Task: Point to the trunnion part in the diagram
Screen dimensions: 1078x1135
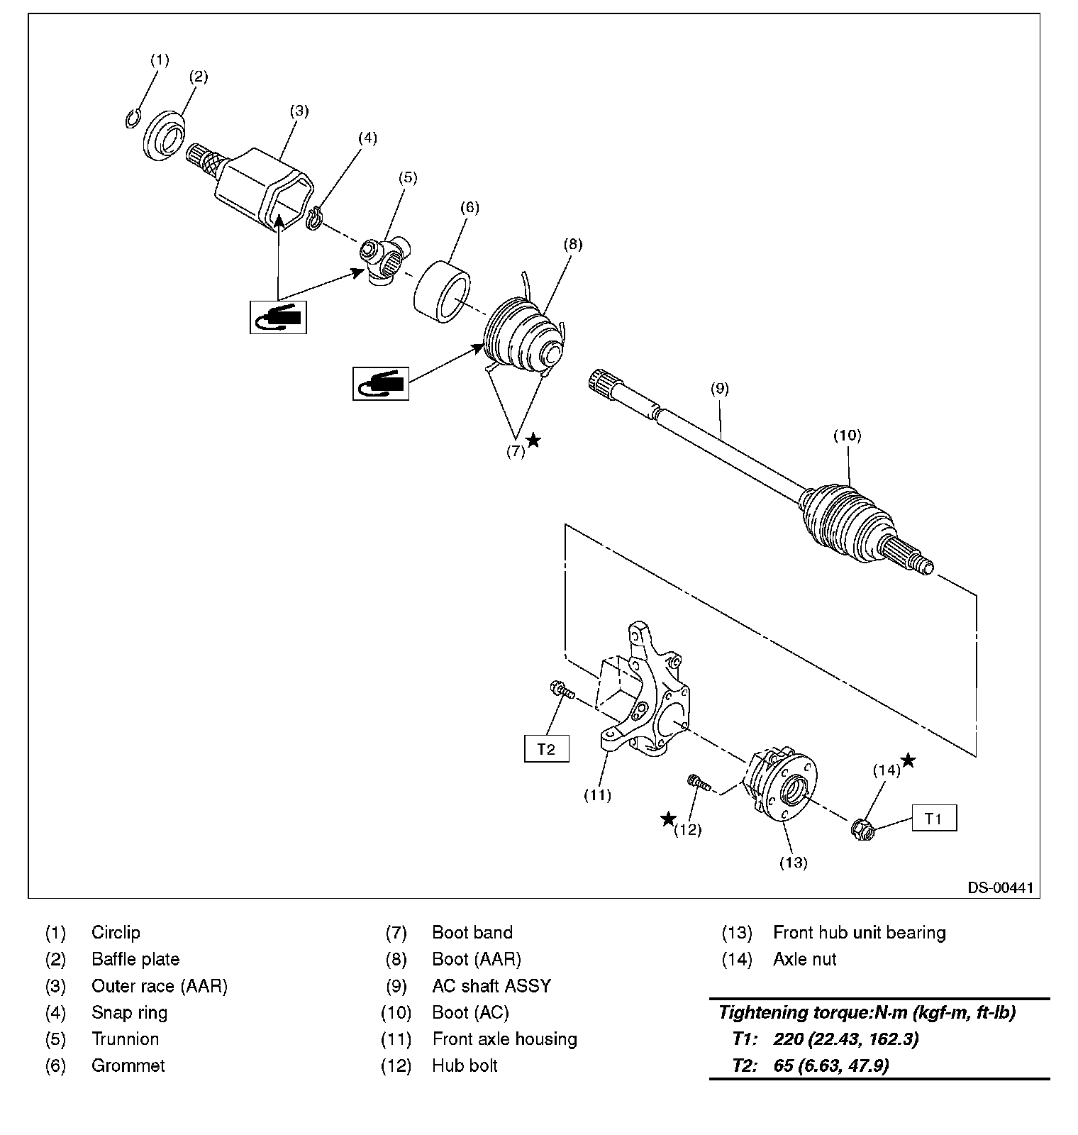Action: (x=384, y=260)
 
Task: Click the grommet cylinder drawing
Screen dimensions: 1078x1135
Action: (x=443, y=294)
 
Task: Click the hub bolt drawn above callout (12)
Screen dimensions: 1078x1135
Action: (x=699, y=783)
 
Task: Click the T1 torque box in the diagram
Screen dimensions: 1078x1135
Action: (x=934, y=818)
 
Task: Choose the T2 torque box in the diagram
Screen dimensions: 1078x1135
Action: (x=546, y=749)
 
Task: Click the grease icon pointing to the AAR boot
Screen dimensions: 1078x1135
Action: (x=381, y=384)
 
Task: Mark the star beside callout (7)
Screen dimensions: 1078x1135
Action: (x=534, y=441)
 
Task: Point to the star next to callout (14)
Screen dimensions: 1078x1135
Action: (x=908, y=760)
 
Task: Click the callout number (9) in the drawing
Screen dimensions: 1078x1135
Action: (x=719, y=388)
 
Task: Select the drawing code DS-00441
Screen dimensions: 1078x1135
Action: (x=1000, y=887)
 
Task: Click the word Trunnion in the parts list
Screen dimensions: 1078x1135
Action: (x=126, y=1039)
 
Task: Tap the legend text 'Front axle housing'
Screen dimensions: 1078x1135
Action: (x=505, y=1039)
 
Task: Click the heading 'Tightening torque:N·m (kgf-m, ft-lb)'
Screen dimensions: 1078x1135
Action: (x=867, y=1013)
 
